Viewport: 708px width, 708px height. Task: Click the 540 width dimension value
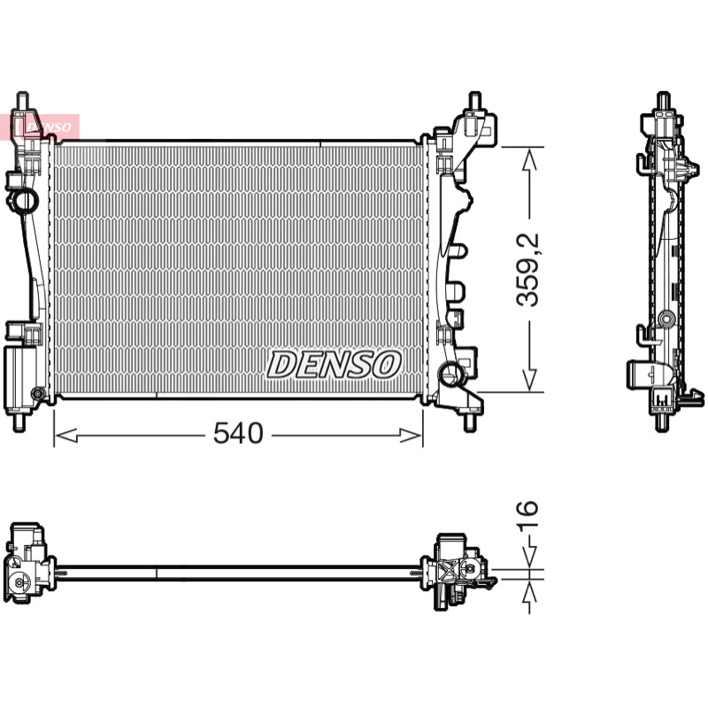pos(238,434)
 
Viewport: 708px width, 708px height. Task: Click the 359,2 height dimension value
pos(527,270)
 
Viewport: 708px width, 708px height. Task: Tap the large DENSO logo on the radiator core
pos(334,365)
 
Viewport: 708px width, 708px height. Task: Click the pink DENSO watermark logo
pos(40,127)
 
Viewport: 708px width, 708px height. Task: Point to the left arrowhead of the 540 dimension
pos(65,435)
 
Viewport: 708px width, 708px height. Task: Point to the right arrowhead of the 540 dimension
pos(411,435)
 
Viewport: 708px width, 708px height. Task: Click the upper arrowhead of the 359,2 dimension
pos(529,159)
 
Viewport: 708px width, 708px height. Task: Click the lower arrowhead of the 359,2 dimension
pos(529,380)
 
